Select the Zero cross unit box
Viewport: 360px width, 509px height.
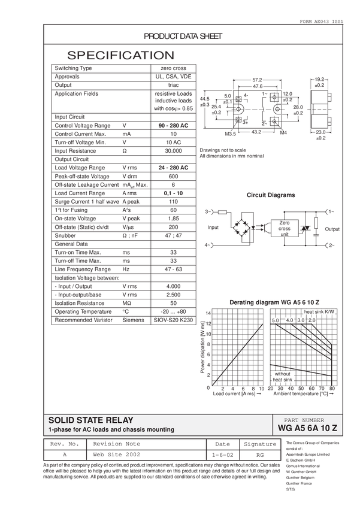[x=284, y=228]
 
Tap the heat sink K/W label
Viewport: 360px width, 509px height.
[x=319, y=312]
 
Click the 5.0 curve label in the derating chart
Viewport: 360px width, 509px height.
[x=276, y=320]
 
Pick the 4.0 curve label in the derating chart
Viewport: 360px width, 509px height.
[x=290, y=320]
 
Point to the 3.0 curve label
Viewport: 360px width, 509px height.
[x=301, y=320]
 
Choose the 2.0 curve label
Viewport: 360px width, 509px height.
[x=311, y=320]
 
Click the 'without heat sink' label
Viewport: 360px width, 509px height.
[x=282, y=377]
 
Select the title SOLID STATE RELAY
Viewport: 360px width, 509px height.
[x=91, y=420]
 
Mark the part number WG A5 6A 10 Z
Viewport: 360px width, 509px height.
[x=308, y=429]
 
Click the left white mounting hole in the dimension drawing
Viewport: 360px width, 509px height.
[x=236, y=109]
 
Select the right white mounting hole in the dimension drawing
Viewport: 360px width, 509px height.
[x=279, y=109]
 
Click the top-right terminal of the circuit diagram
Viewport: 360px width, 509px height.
[x=329, y=211]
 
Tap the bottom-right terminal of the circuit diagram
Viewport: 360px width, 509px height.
[x=329, y=245]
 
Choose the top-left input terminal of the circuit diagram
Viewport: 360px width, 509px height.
[x=210, y=211]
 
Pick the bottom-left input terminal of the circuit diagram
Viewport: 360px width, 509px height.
[x=210, y=245]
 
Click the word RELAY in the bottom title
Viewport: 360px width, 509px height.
[x=118, y=420]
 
